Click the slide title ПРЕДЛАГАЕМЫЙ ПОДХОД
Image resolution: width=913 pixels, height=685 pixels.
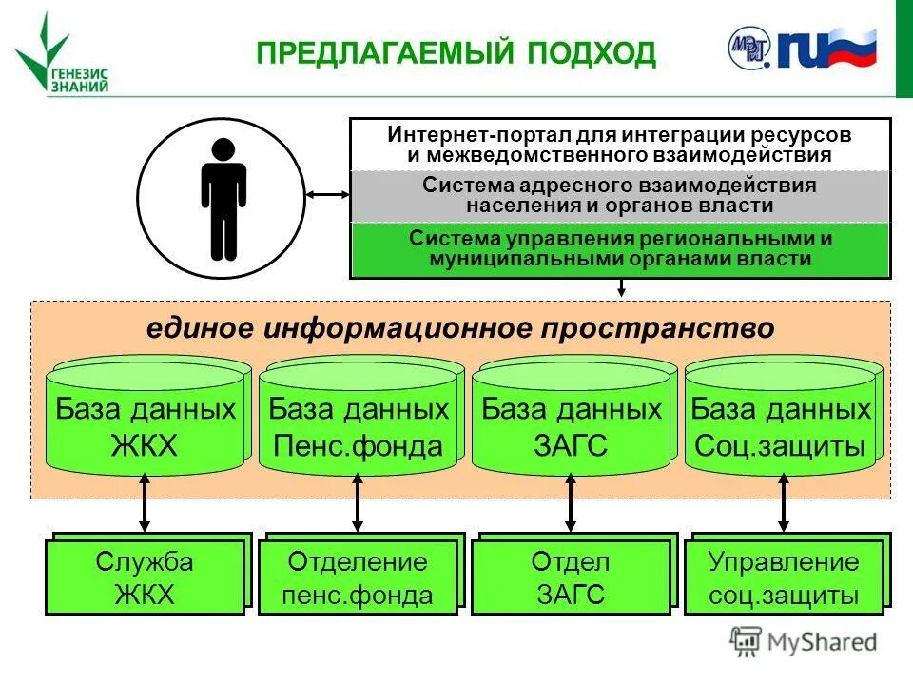(x=456, y=52)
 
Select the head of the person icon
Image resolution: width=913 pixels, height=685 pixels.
(x=223, y=149)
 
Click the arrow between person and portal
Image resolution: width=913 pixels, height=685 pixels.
(x=330, y=195)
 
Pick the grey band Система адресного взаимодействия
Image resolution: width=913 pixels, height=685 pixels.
(x=620, y=195)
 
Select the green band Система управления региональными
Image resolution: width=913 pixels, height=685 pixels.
(x=620, y=248)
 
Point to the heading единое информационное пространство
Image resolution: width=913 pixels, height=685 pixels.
(x=460, y=328)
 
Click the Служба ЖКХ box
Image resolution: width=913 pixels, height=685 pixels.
(x=145, y=578)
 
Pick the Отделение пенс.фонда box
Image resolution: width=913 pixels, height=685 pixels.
(x=358, y=578)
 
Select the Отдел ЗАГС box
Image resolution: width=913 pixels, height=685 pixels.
(x=571, y=578)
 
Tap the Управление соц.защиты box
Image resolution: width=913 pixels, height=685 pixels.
(x=783, y=578)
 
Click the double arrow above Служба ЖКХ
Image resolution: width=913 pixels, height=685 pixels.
(x=145, y=503)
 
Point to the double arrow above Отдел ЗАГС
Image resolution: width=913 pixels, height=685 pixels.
(x=571, y=503)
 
